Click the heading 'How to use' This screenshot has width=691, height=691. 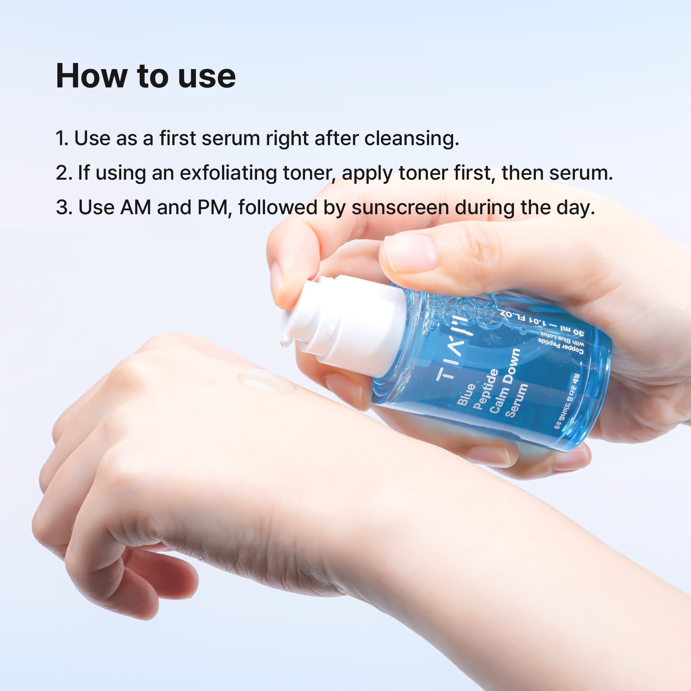click(x=145, y=76)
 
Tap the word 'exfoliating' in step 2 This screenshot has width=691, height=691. click(x=228, y=173)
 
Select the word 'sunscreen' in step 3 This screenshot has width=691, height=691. click(x=400, y=207)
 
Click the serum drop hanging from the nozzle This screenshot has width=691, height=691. click(x=285, y=343)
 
